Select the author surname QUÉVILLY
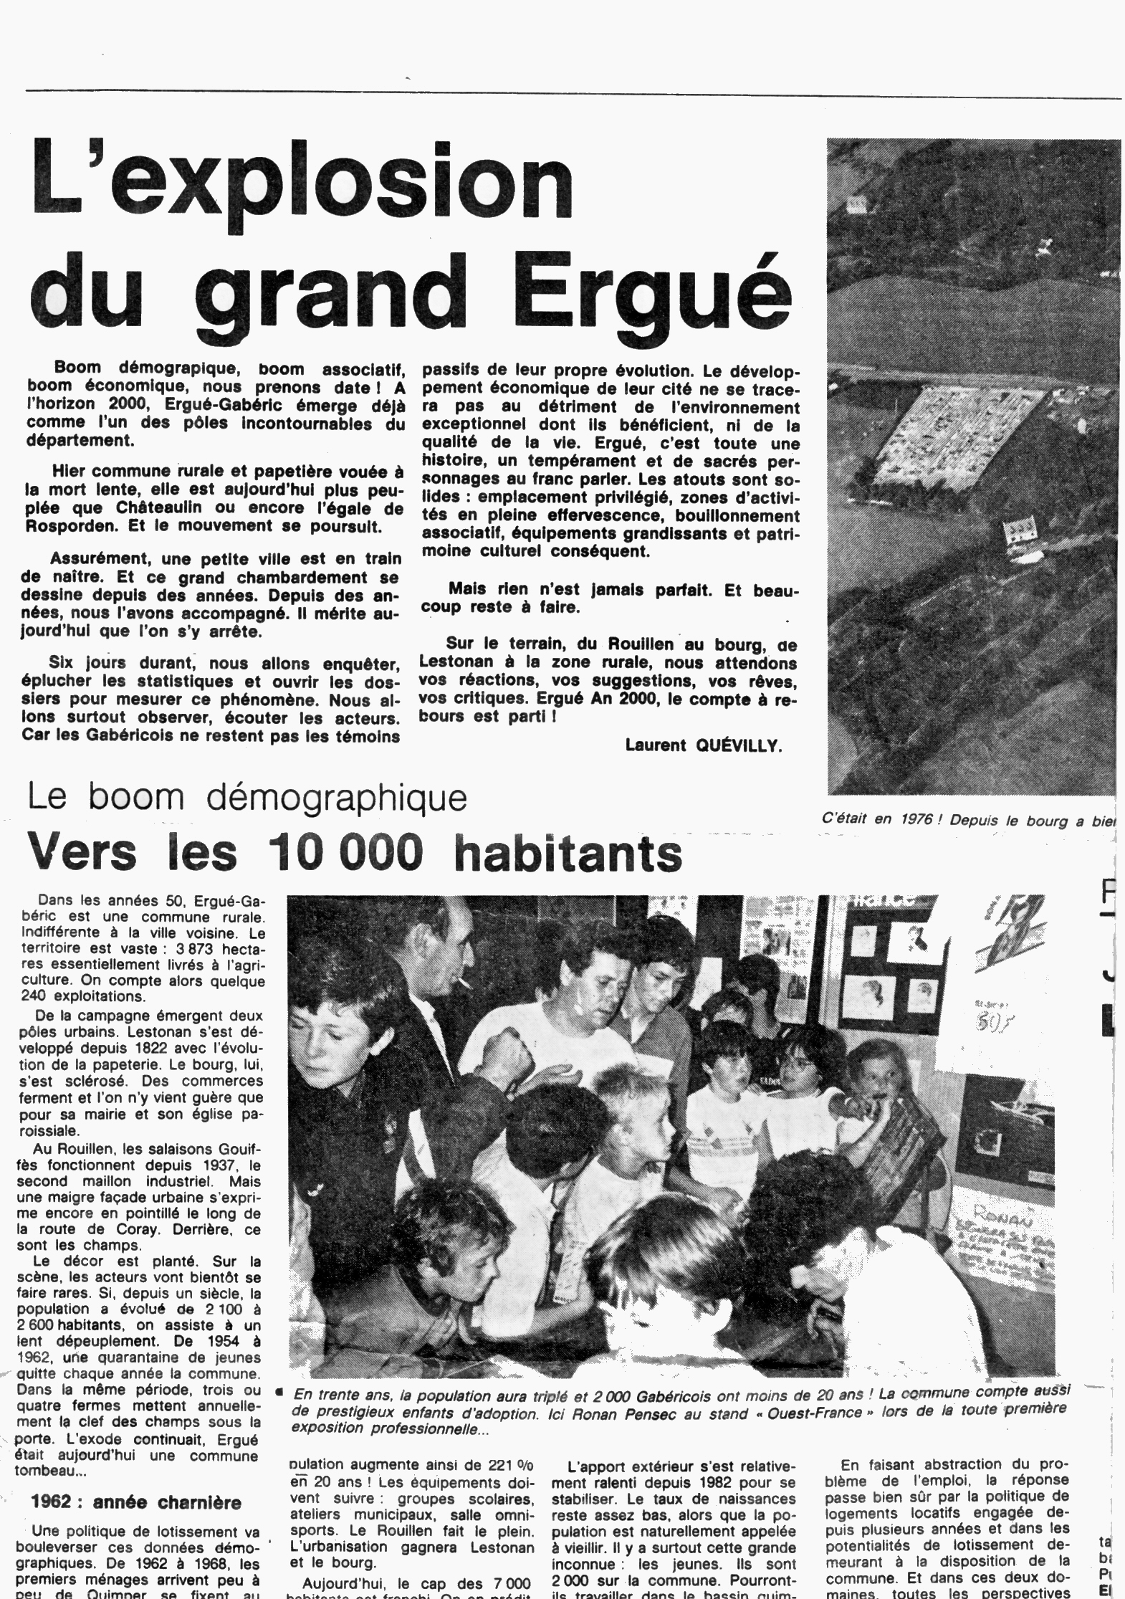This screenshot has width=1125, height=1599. [742, 745]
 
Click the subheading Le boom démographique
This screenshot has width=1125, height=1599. [247, 798]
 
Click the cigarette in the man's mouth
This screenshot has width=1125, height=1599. [464, 983]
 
